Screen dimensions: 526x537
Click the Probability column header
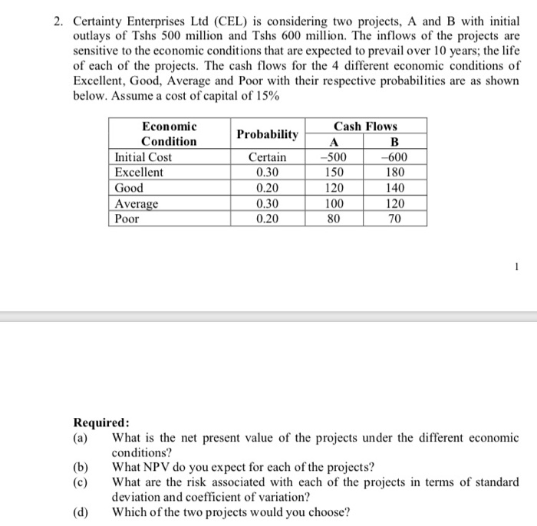click(267, 134)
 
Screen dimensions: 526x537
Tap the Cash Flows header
click(365, 126)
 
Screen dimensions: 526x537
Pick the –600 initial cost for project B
click(394, 157)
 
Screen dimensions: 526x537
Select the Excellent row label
click(139, 173)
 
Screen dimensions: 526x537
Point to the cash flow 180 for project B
click(394, 173)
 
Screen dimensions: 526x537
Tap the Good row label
click(129, 188)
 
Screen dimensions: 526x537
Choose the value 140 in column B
click(394, 188)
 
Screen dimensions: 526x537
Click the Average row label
click(137, 203)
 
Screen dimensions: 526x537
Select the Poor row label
click(127, 219)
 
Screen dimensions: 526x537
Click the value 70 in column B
click(394, 219)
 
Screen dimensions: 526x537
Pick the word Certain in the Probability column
click(267, 157)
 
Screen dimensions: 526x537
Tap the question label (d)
click(81, 513)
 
